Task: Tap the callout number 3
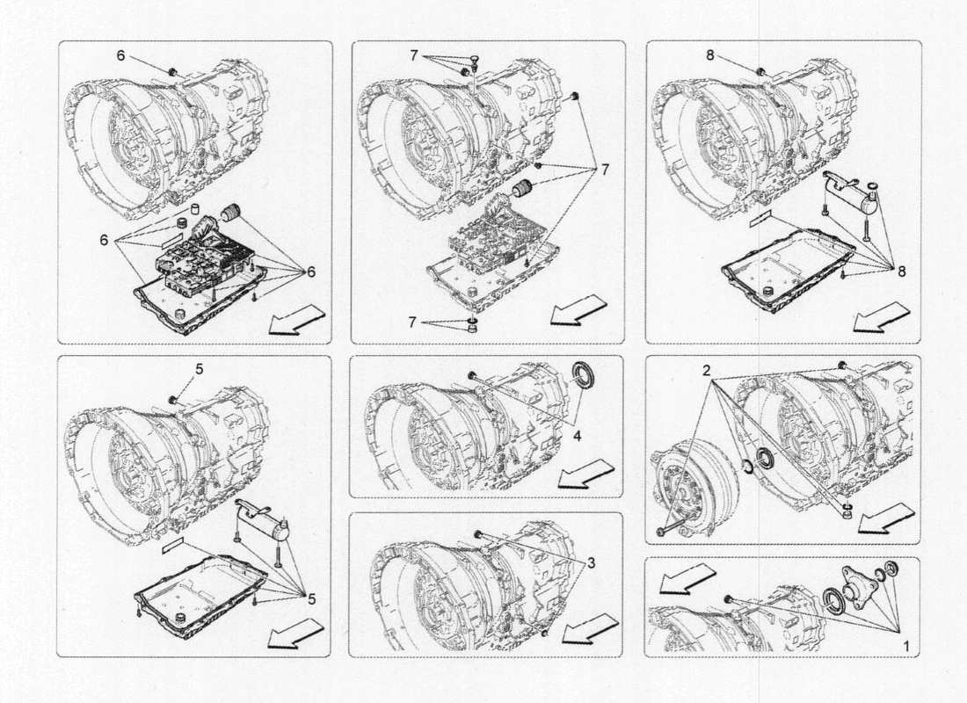[592, 562]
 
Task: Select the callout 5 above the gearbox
[199, 369]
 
